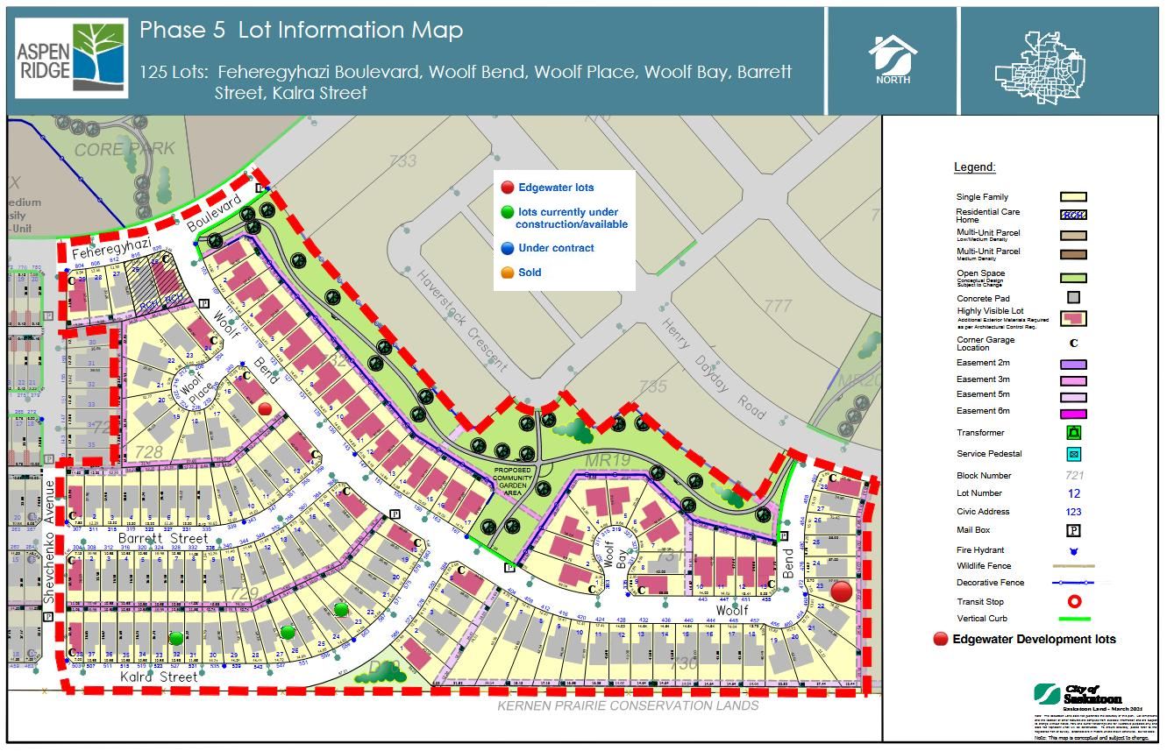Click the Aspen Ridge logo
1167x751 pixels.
point(71,59)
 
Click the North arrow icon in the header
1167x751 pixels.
point(893,59)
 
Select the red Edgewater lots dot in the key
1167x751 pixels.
point(507,188)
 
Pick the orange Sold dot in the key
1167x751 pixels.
point(507,273)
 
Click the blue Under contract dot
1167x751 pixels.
point(507,248)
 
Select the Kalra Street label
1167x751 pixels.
point(159,677)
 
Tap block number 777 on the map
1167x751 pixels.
point(778,306)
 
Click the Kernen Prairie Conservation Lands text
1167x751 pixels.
point(628,705)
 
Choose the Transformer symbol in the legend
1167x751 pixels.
point(1073,433)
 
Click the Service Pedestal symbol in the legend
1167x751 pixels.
point(1073,454)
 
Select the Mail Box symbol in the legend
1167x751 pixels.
point(1073,530)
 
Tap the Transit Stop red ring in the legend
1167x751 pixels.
point(1073,601)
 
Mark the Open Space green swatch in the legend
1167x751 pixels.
point(1073,278)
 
